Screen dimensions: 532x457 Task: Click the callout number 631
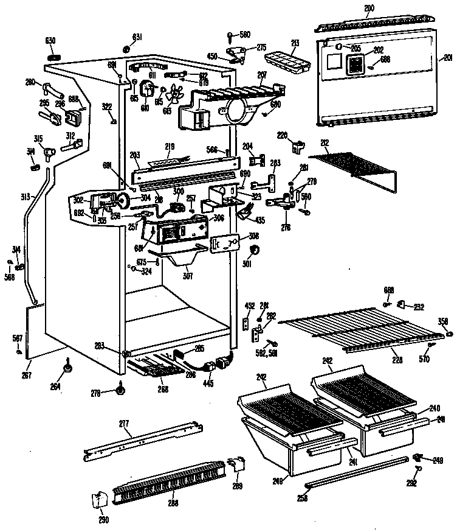tap(137, 37)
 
